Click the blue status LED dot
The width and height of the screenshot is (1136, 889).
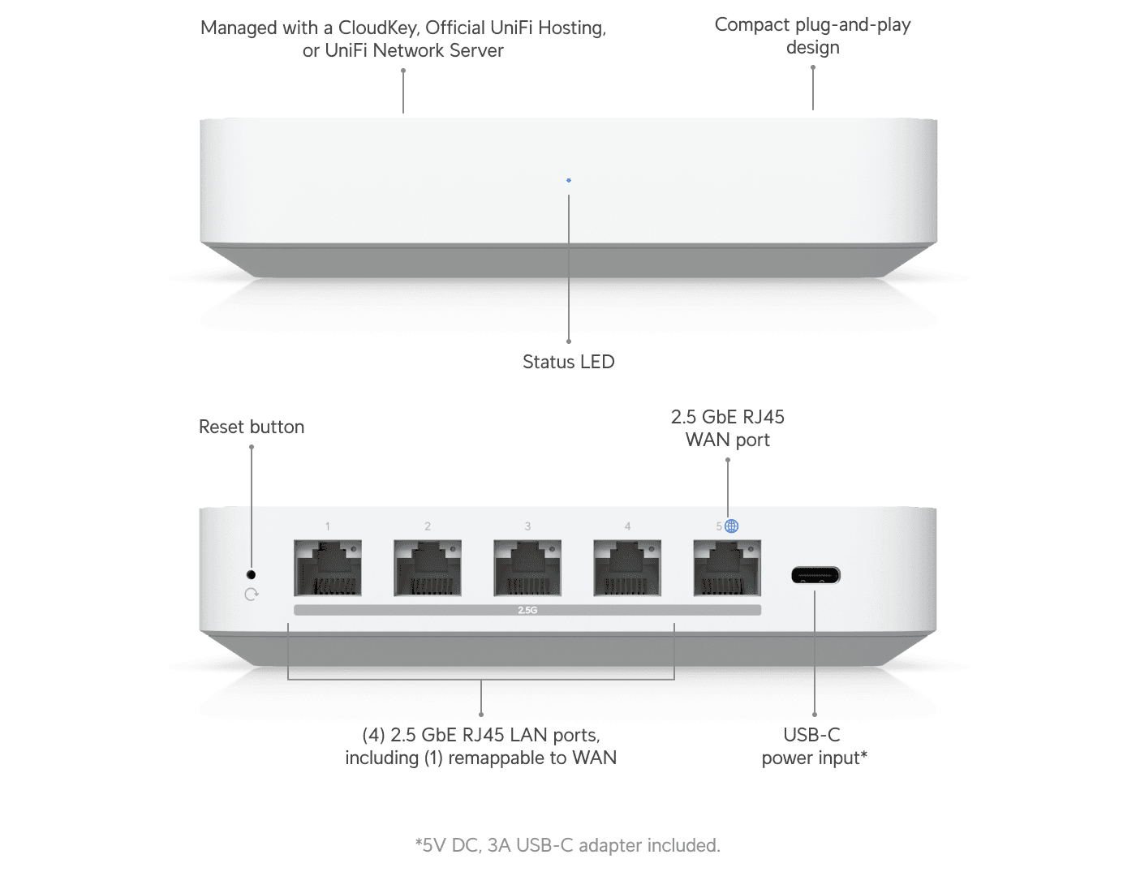coord(569,180)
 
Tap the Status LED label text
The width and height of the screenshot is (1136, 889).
coord(568,362)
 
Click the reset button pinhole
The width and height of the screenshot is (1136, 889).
coord(251,574)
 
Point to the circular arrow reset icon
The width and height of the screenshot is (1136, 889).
coord(252,595)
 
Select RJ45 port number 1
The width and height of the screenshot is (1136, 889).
coord(328,568)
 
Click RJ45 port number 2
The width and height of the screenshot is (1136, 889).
coord(428,568)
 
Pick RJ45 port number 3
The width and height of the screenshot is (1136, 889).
coord(527,568)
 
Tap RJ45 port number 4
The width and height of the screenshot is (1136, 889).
coord(627,568)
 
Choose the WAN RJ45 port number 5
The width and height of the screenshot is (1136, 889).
coord(727,568)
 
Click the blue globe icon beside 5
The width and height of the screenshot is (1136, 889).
coord(732,526)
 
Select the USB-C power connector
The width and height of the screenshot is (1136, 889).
coord(815,575)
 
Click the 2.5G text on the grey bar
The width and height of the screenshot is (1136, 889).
coord(527,610)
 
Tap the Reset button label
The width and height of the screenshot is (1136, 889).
coord(251,427)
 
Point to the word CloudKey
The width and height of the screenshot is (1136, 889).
coord(378,28)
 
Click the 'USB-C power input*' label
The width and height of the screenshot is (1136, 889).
coord(813,746)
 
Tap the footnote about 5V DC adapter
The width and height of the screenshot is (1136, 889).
coord(568,845)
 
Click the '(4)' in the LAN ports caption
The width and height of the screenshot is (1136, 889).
coord(373,735)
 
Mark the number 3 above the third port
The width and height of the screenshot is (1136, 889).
coord(527,526)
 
